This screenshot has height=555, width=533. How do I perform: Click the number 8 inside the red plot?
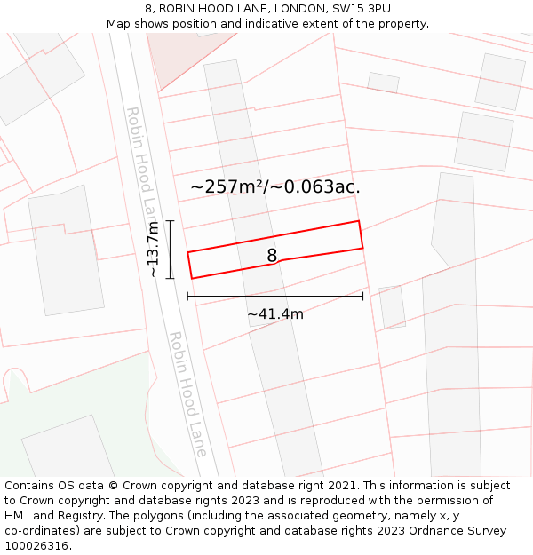click(272, 256)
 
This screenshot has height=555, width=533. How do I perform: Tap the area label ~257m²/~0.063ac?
click(275, 186)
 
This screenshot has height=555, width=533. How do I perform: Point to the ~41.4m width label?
click(275, 313)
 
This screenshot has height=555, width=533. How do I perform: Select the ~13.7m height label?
click(154, 250)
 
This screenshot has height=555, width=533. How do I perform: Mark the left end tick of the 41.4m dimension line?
click(187, 296)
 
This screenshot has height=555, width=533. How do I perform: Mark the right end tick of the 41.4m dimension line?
click(362, 296)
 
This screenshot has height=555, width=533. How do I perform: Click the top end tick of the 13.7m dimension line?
click(170, 220)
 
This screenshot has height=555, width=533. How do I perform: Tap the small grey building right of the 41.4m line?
click(392, 307)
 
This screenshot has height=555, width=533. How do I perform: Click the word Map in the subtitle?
click(120, 24)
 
